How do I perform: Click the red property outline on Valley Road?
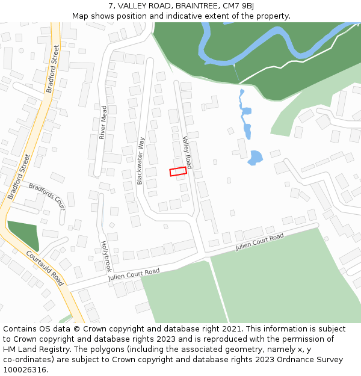pyautogui.click(x=178, y=171)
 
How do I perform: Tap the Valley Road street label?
pyautogui.click(x=187, y=152)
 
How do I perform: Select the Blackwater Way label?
pyautogui.click(x=141, y=161)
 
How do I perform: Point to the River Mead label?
pyautogui.click(x=103, y=122)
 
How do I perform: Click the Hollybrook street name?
pyautogui.click(x=106, y=256)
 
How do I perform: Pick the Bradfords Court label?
pyautogui.click(x=47, y=196)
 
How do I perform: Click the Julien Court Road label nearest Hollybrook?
pyautogui.click(x=134, y=275)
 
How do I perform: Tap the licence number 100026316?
pyautogui.click(x=25, y=370)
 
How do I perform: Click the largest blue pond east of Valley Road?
pyautogui.click(x=255, y=158)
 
